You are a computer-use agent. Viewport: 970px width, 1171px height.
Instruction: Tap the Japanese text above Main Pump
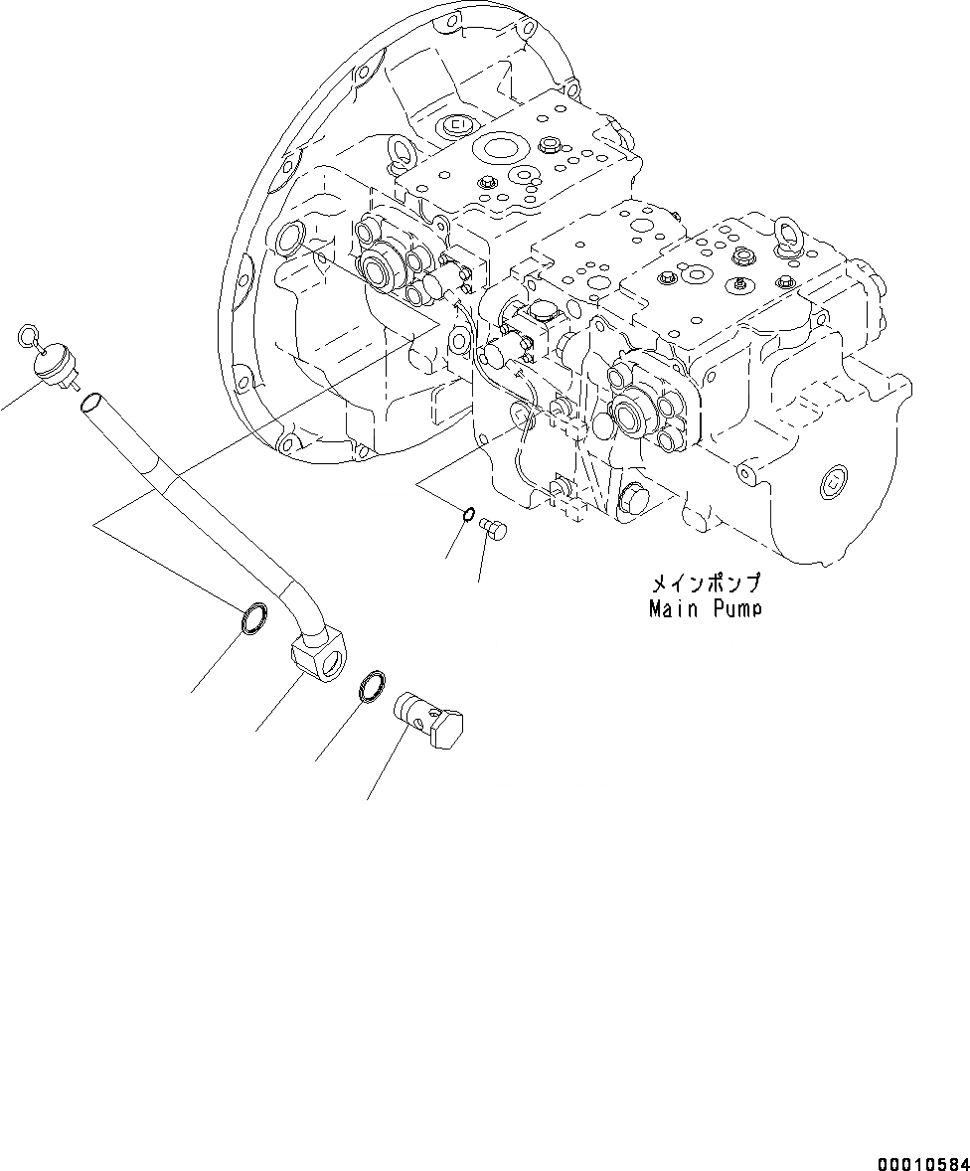click(706, 584)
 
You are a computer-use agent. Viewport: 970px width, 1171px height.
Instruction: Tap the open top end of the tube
click(89, 403)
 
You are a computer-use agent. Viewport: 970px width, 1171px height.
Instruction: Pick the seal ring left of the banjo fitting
click(254, 618)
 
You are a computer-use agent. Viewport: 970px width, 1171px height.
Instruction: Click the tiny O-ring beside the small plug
click(468, 514)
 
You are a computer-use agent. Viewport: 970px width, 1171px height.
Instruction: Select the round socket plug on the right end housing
click(834, 484)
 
